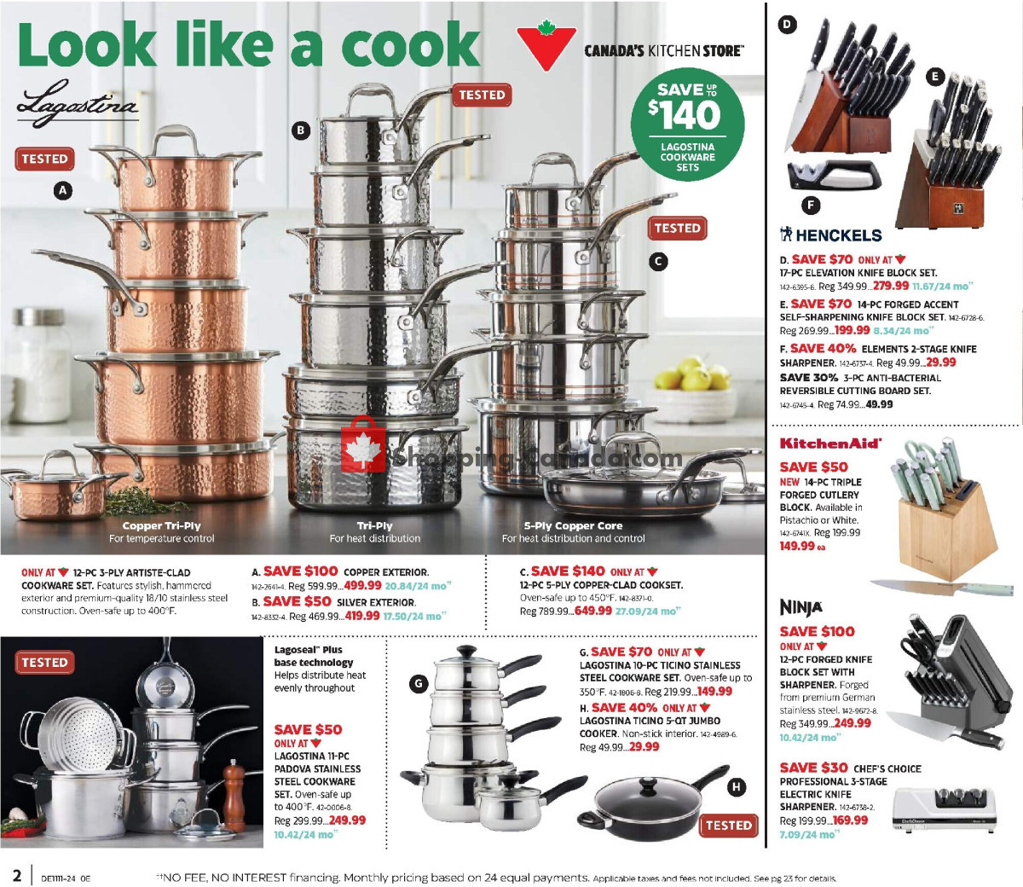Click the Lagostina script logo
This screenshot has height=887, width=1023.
pos(77,107)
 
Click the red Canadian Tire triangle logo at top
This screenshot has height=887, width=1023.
pos(546,48)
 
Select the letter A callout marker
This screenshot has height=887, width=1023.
pos(63,191)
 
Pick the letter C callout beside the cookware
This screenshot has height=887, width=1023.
pos(657,262)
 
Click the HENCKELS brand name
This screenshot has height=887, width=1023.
pos(831,235)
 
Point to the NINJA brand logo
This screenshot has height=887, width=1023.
pos(801,607)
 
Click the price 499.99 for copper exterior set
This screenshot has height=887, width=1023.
pos(362,586)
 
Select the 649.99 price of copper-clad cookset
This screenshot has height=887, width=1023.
pos(592,611)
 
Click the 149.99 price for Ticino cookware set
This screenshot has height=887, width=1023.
pos(714,692)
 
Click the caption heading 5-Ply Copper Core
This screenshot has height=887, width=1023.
pos(573,526)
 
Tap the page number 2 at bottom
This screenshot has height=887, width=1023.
pos(16,876)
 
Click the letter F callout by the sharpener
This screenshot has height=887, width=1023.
pos(811,205)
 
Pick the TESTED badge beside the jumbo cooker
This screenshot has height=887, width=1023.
pos(729,826)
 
